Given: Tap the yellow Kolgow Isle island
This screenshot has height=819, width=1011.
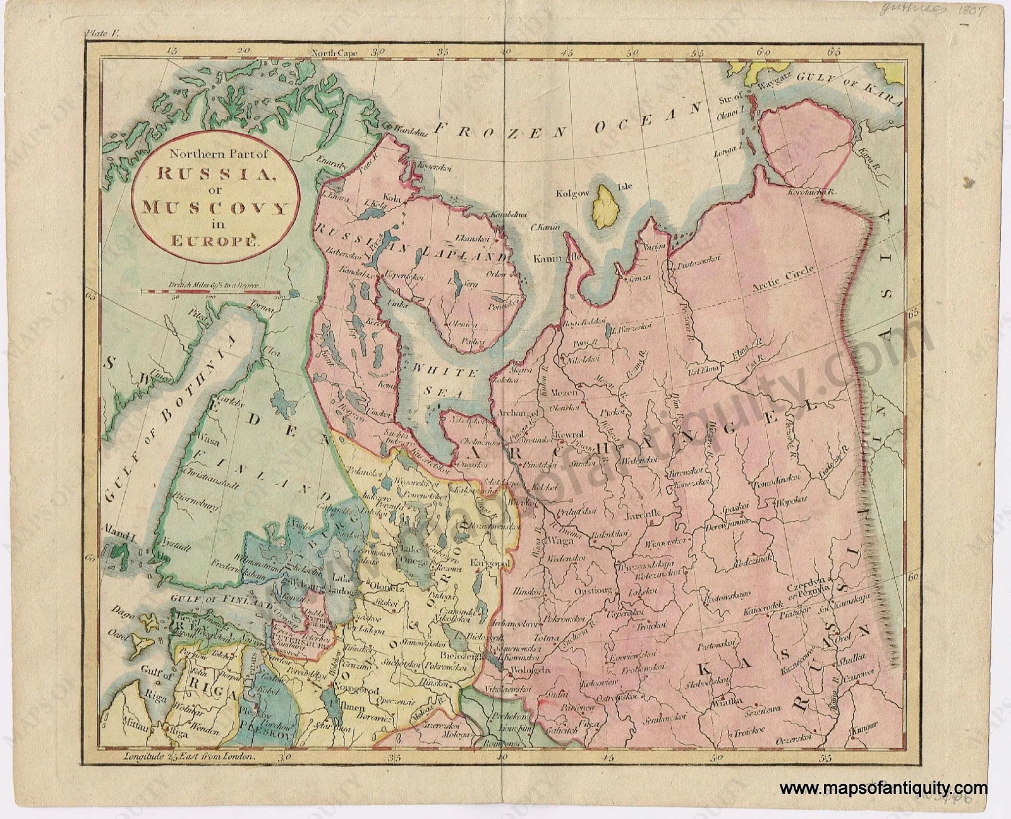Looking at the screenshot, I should coord(601,207).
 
